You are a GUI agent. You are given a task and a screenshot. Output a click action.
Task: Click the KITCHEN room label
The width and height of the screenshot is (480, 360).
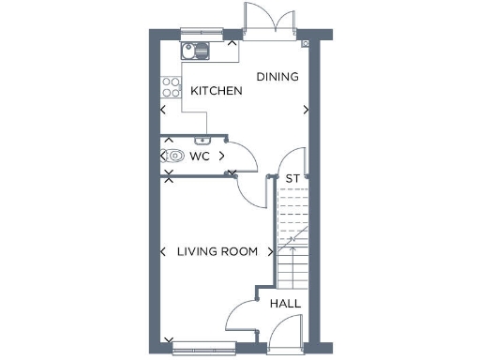[217, 91]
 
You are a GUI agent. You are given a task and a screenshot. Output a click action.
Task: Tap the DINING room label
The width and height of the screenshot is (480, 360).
[277, 77]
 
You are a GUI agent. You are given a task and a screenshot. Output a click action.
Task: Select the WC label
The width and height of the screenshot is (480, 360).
[200, 156]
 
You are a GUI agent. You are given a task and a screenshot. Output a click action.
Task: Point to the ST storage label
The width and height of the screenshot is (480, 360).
[292, 178]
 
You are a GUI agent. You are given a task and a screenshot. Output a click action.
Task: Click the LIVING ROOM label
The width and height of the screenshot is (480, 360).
[218, 251]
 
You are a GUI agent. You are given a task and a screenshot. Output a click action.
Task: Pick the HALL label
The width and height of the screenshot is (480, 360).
[285, 304]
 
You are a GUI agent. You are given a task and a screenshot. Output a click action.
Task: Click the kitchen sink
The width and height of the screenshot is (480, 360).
[196, 50]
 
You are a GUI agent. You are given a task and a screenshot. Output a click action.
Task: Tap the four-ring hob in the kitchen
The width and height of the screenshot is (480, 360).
[172, 87]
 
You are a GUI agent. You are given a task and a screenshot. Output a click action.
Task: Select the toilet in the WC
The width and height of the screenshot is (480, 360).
[174, 156]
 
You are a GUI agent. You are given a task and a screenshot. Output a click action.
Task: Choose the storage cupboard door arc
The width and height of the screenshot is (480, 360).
[292, 159]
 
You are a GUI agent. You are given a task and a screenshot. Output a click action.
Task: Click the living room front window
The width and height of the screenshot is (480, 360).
[199, 341]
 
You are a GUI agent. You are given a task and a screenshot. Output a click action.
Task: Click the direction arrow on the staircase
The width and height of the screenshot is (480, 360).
[292, 241]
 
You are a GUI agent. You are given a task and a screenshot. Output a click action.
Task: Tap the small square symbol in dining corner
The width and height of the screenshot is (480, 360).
[306, 43]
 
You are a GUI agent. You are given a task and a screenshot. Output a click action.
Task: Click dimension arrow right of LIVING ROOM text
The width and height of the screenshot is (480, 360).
[271, 251]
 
